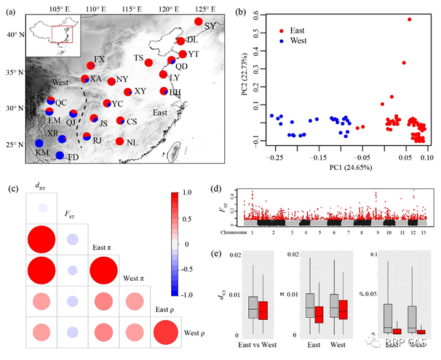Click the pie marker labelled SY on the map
198,21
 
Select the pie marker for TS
149,62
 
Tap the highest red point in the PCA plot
409,20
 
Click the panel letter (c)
13,187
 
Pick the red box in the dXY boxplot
263,310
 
